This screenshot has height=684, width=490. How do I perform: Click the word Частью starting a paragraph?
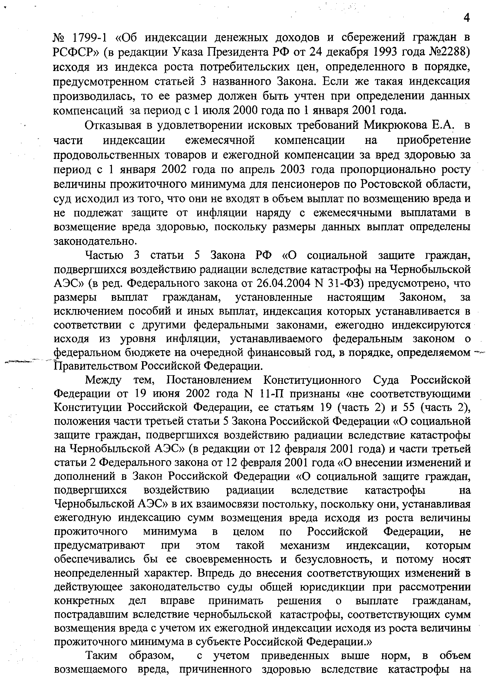click(104, 256)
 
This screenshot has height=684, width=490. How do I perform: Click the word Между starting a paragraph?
click(104, 381)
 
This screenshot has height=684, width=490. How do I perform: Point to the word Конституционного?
click(312, 381)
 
